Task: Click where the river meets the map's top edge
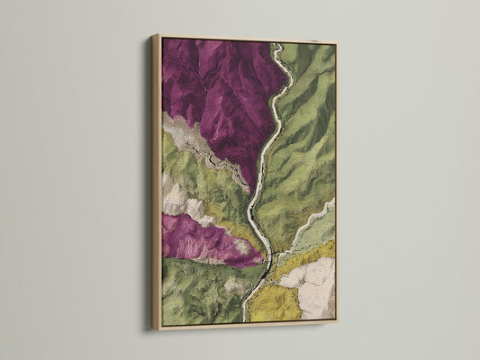click(278, 45)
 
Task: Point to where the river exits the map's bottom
click(245, 319)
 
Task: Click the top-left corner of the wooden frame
click(154, 35)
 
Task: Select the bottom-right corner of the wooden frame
click(336, 320)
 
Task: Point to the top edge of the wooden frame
click(243, 39)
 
